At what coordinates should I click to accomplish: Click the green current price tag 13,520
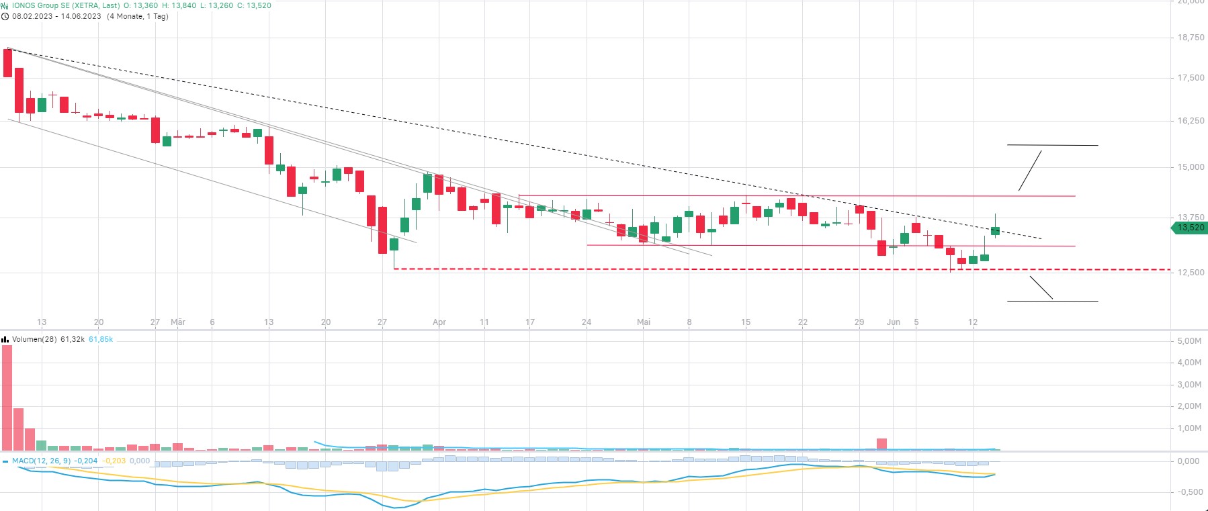coord(1191,228)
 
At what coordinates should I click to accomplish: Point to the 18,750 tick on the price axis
coord(1191,38)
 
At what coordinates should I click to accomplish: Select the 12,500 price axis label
coord(1191,273)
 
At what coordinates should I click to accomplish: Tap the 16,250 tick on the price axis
coord(1191,121)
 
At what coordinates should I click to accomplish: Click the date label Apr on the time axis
coord(439,322)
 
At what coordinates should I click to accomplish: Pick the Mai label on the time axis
coord(644,322)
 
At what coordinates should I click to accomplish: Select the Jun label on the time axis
coord(893,322)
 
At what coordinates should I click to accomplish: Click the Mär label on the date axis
coord(178,322)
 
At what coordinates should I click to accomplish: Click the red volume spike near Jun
coord(881,444)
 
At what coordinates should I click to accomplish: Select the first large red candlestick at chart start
coord(8,63)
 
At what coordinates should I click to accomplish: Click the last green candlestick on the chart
coord(995,231)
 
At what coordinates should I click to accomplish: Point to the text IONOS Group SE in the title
coord(40,5)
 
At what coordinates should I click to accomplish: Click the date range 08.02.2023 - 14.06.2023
coord(56,16)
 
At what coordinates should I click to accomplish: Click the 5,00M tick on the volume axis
coord(1189,341)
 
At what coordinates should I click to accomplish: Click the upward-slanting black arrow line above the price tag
coord(1030,171)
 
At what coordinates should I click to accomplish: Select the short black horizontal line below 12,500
coord(1052,301)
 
